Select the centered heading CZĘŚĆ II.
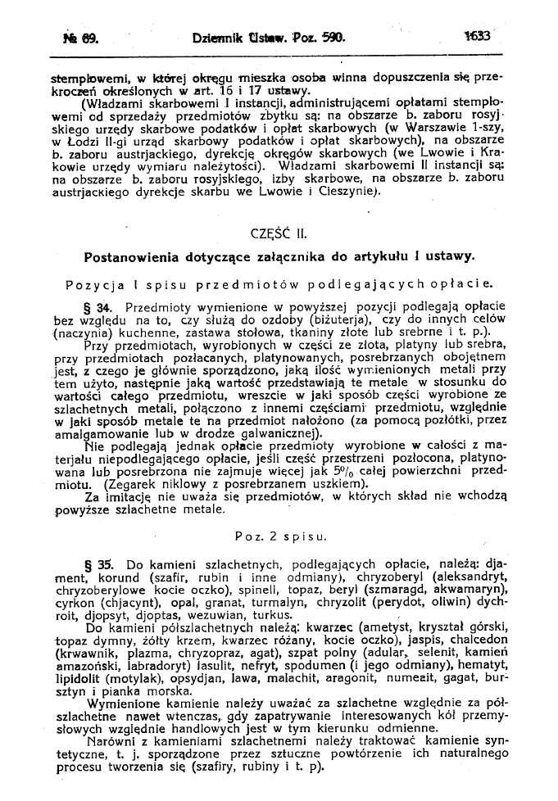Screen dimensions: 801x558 click(x=279, y=232)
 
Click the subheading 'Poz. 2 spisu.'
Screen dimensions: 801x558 click(x=279, y=536)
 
